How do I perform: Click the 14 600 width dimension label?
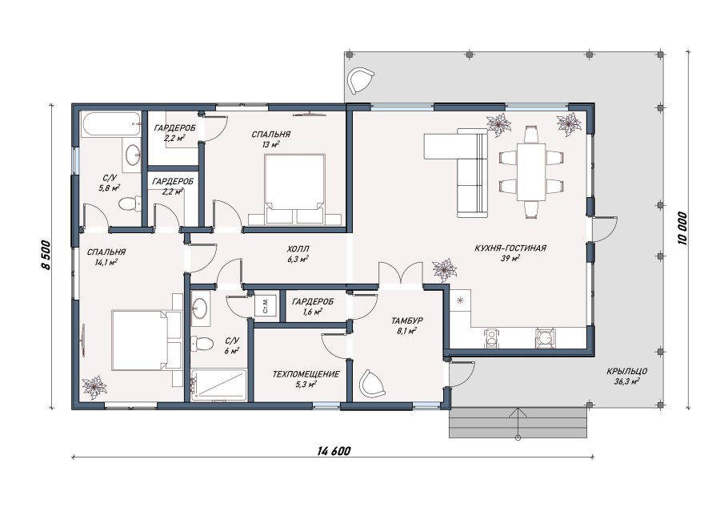point(334,450)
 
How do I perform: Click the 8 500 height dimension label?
point(45,255)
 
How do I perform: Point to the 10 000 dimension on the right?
point(681,228)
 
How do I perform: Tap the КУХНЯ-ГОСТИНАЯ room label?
point(510,248)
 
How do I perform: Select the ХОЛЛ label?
point(298,249)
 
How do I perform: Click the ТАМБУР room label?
point(406,320)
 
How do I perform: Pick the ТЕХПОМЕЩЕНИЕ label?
point(306,374)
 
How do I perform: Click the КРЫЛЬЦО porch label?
point(626,372)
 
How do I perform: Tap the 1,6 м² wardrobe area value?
point(313,312)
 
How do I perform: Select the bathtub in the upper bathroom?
point(111,124)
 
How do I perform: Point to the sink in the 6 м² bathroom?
point(201,306)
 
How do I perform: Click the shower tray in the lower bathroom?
point(219,385)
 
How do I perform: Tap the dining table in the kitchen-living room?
point(531,172)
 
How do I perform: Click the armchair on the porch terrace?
point(361,80)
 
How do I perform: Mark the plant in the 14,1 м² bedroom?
point(94,387)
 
